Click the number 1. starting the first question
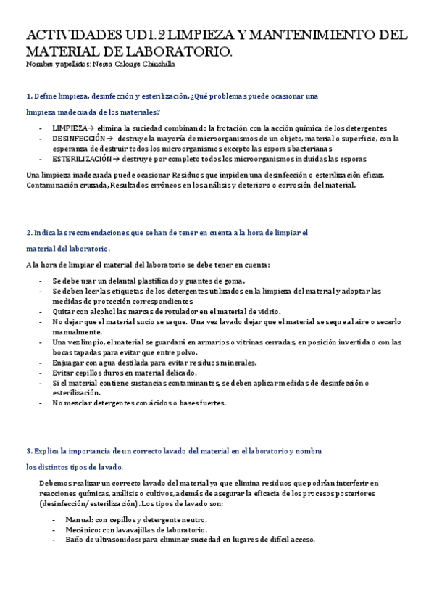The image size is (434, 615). [x=28, y=96]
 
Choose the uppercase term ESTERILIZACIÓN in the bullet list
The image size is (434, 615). [x=82, y=158]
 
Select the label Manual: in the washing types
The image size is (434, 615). [x=79, y=519]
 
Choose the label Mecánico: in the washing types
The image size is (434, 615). [x=83, y=529]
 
